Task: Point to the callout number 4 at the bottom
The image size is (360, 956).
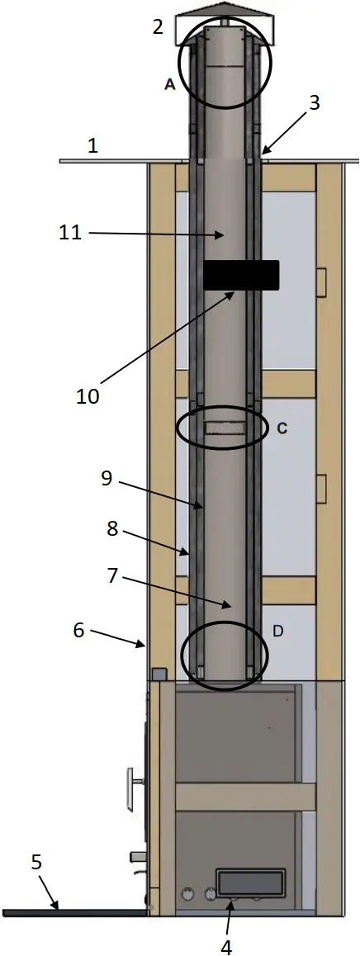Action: pyautogui.click(x=226, y=946)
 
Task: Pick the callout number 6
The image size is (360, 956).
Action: pyautogui.click(x=78, y=629)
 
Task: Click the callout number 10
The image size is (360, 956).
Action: pyautogui.click(x=88, y=395)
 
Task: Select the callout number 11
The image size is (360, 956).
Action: pyautogui.click(x=70, y=234)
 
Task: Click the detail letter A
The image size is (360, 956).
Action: pyautogui.click(x=169, y=83)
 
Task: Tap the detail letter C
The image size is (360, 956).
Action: pyautogui.click(x=282, y=428)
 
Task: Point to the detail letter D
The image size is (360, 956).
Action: pyautogui.click(x=278, y=632)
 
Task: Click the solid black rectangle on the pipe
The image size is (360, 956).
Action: pyautogui.click(x=241, y=275)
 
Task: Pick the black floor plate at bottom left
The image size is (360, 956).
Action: pyautogui.click(x=74, y=912)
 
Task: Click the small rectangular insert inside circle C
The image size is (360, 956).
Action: pyautogui.click(x=225, y=428)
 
